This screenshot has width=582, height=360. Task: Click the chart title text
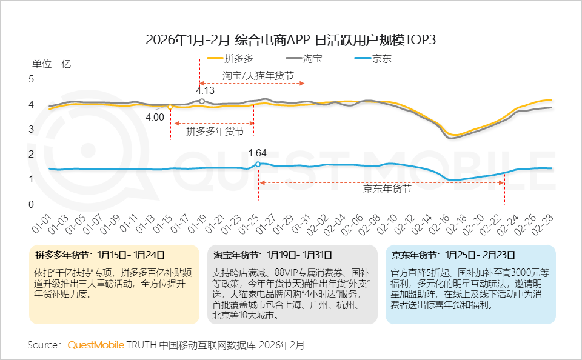pyautogui.click(x=291, y=40)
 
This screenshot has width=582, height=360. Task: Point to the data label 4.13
pyautogui.click(x=206, y=91)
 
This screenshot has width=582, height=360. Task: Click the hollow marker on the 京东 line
pyautogui.click(x=259, y=164)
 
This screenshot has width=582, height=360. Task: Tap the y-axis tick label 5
pyautogui.click(x=32, y=79)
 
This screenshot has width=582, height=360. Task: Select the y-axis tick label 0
pyautogui.click(x=32, y=205)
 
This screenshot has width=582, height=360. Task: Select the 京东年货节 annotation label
pyautogui.click(x=387, y=189)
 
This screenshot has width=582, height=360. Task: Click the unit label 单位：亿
pyautogui.click(x=52, y=64)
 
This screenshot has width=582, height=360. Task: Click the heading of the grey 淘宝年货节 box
pyautogui.click(x=272, y=255)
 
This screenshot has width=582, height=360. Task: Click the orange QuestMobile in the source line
pyautogui.click(x=95, y=345)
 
